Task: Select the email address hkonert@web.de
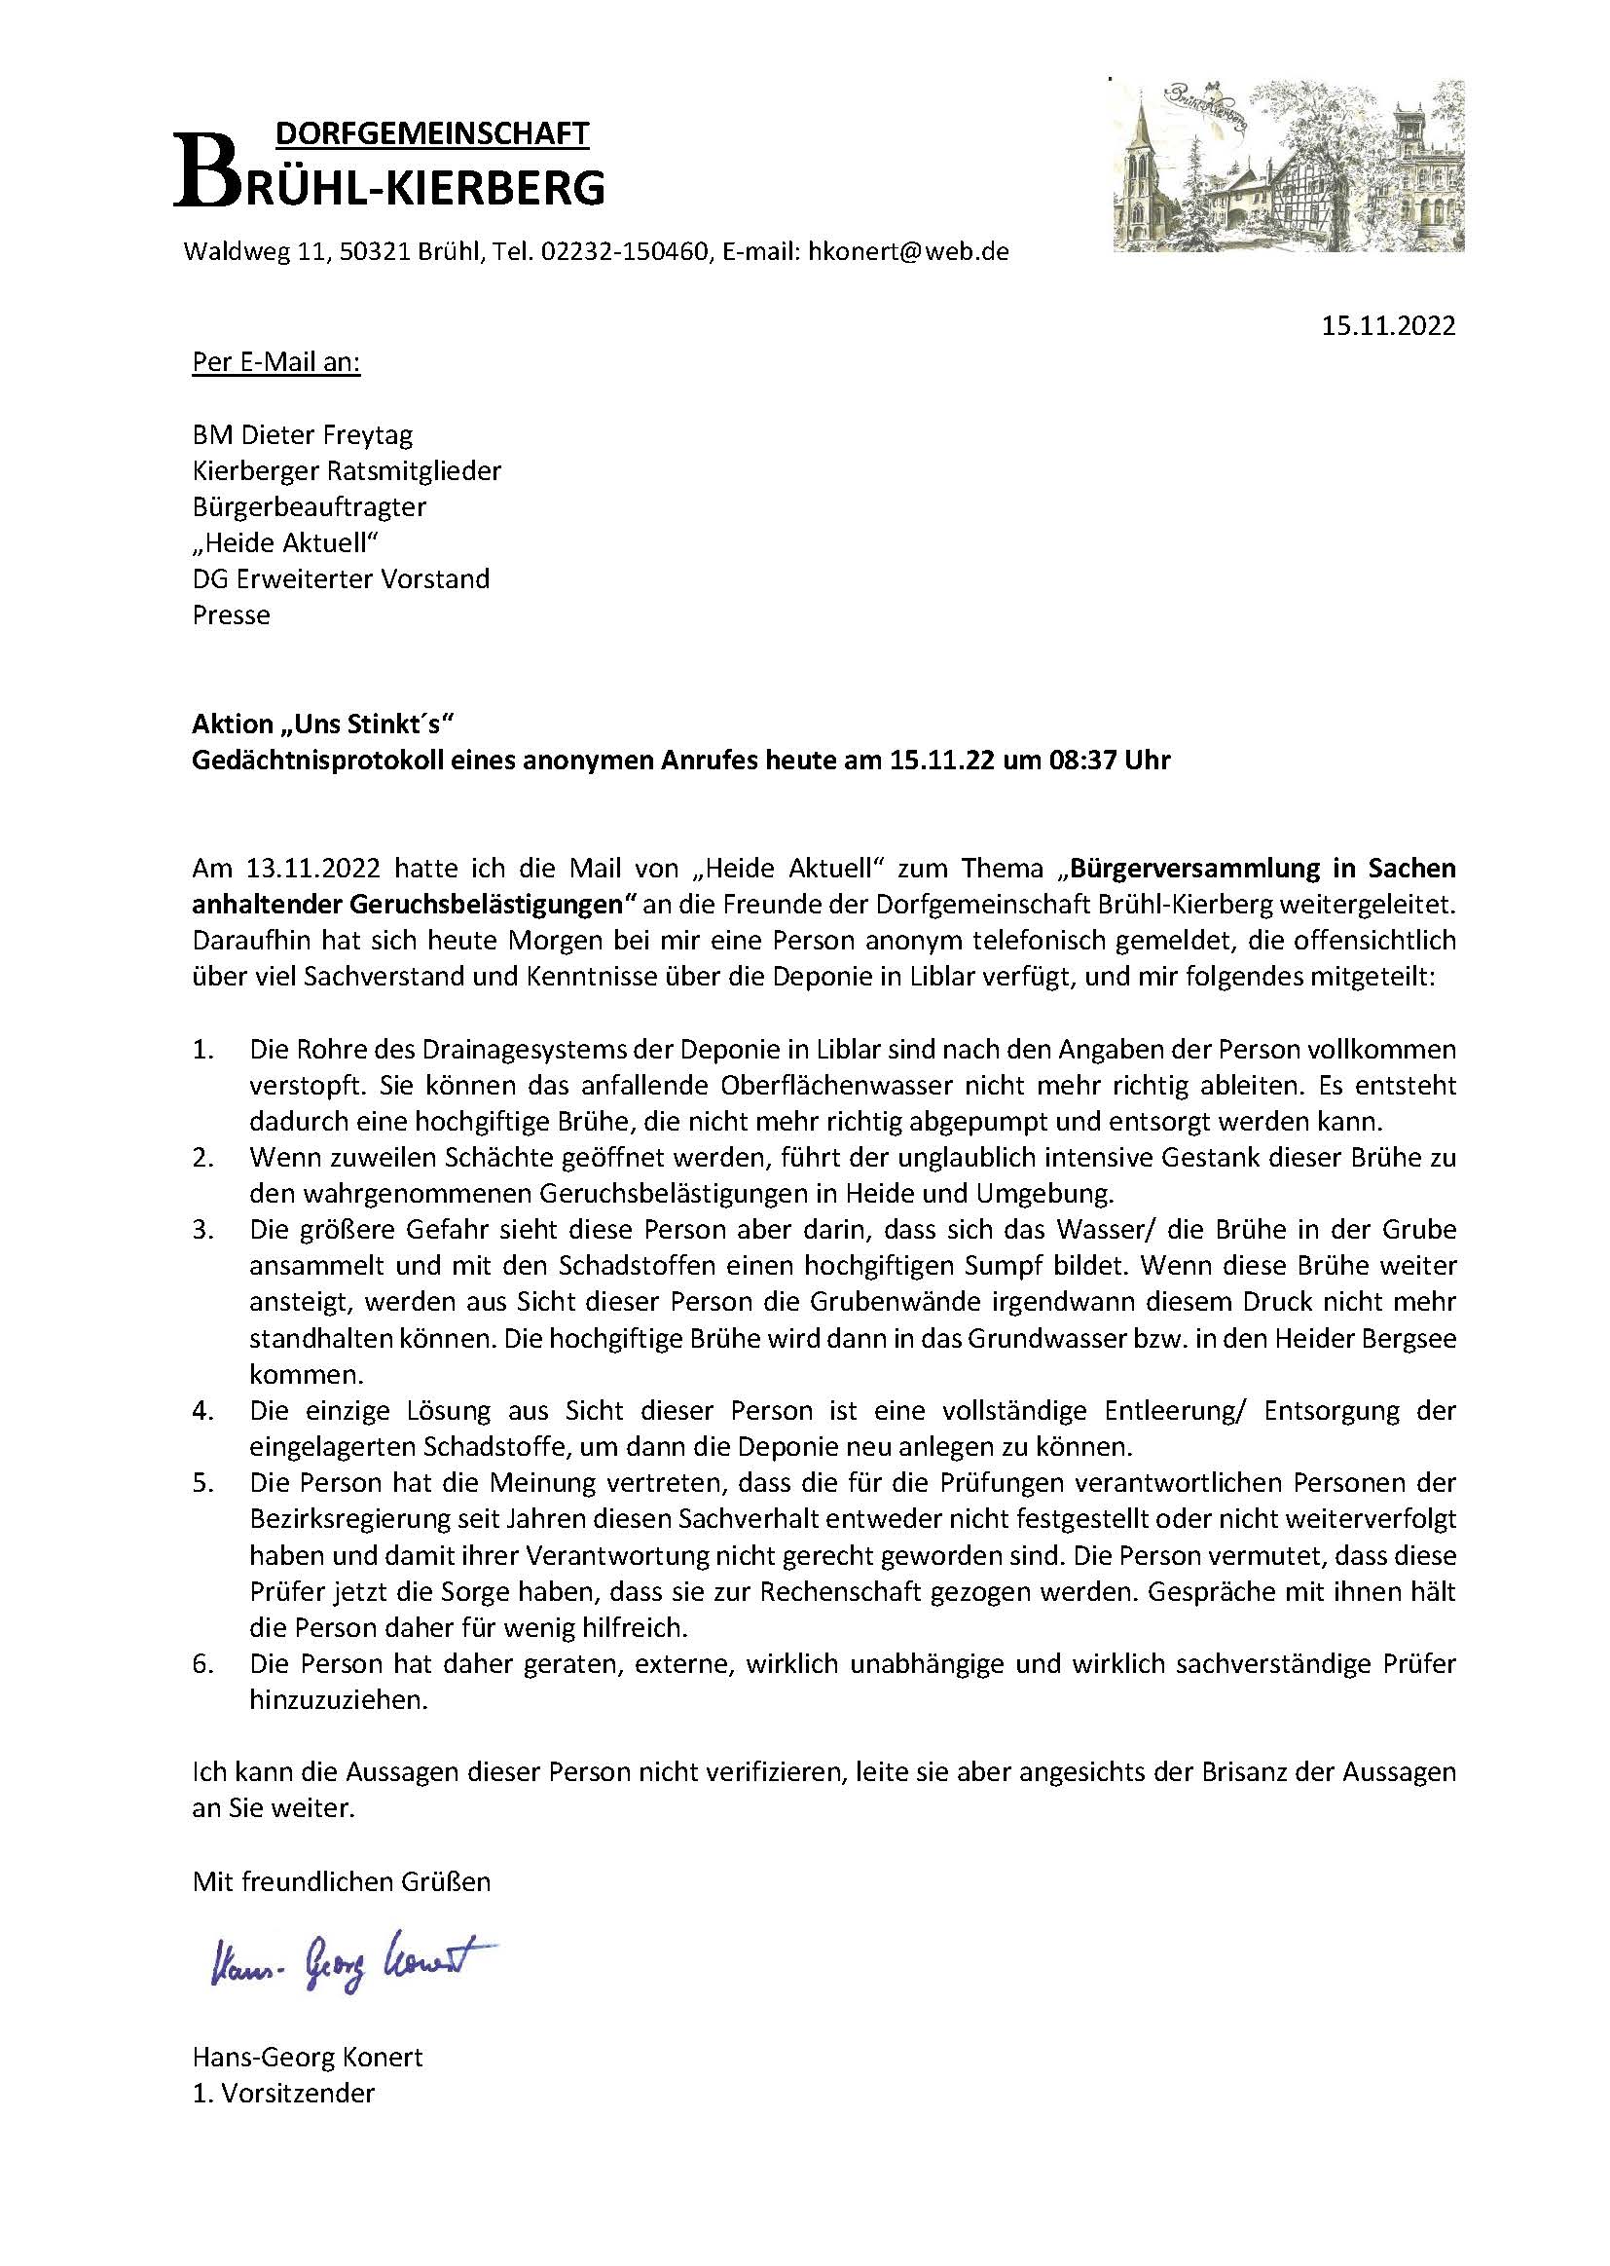point(908,252)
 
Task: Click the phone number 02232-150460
point(626,252)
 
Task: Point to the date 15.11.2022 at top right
point(1388,326)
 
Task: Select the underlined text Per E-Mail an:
point(276,363)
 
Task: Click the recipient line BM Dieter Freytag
point(303,435)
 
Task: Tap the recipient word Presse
point(231,614)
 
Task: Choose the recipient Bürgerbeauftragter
point(310,506)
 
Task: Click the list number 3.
point(202,1230)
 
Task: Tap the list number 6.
point(202,1663)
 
